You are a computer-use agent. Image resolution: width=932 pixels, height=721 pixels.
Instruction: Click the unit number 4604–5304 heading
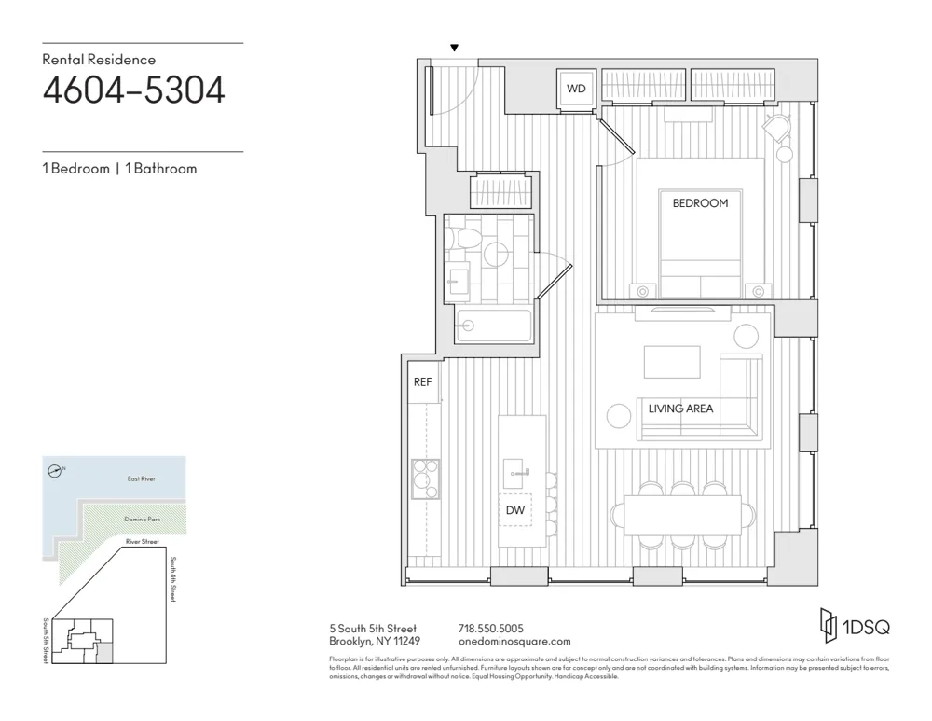click(x=133, y=91)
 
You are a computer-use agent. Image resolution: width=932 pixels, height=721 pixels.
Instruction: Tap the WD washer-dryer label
click(x=576, y=90)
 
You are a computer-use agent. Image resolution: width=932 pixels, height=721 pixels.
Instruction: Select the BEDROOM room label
click(x=700, y=202)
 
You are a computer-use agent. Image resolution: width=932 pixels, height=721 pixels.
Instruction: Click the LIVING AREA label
click(x=680, y=409)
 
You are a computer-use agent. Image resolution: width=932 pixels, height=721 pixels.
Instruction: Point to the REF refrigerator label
click(x=422, y=382)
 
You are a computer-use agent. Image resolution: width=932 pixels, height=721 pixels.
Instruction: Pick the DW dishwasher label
click(x=514, y=510)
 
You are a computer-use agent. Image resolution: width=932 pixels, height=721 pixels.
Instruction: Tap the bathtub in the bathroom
click(x=493, y=326)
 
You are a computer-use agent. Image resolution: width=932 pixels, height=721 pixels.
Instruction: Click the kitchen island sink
click(x=515, y=472)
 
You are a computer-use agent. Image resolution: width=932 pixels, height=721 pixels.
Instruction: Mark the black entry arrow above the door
click(x=454, y=49)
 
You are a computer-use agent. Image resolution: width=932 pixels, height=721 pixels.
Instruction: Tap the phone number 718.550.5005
click(x=491, y=628)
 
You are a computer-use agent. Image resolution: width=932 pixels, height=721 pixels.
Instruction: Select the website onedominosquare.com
click(x=514, y=642)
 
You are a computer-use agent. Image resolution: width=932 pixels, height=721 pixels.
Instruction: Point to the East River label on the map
click(x=142, y=478)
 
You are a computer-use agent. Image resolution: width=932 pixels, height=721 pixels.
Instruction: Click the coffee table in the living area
click(x=671, y=362)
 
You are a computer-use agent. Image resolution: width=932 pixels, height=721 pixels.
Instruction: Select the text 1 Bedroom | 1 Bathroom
click(x=119, y=169)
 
